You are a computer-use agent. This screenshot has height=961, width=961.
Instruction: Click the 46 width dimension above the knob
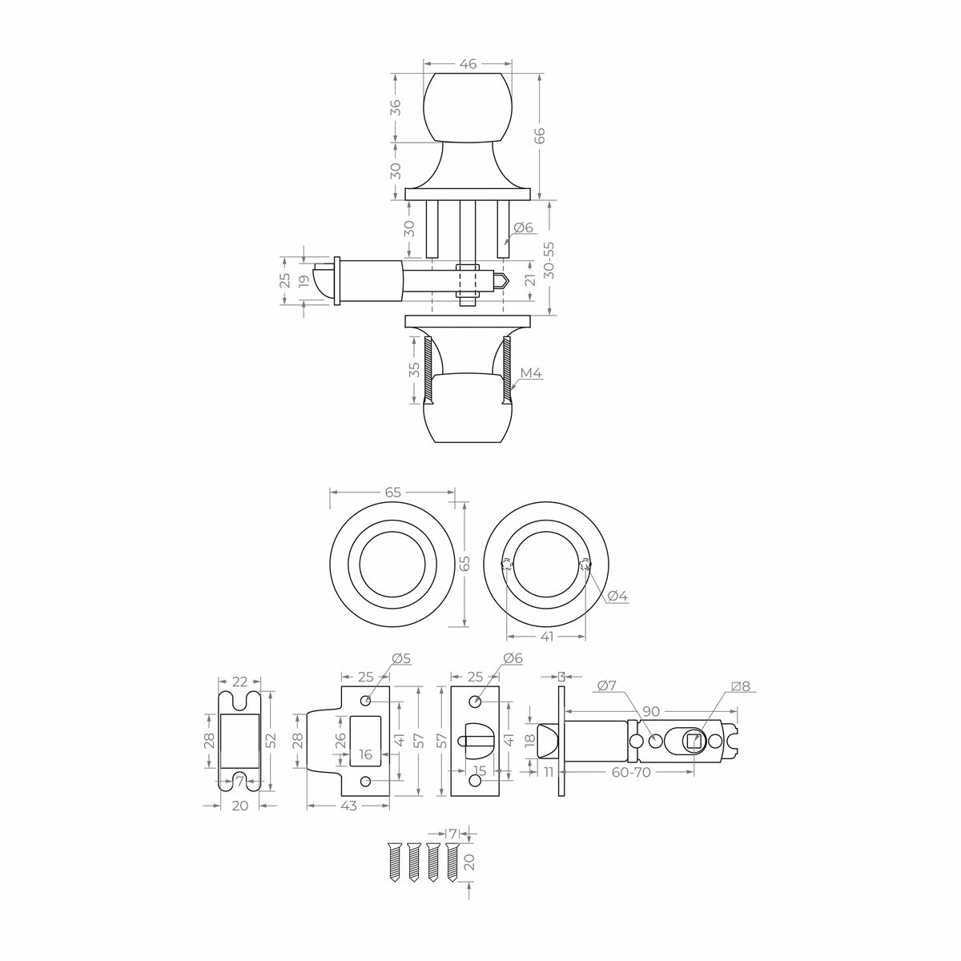[x=468, y=64]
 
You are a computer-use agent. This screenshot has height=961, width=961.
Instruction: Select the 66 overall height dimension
[x=540, y=135]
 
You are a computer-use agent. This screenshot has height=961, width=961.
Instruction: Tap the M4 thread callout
[x=530, y=373]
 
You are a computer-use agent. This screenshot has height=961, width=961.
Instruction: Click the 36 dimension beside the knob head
[x=395, y=107]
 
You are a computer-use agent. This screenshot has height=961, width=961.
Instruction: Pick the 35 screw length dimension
[x=414, y=369]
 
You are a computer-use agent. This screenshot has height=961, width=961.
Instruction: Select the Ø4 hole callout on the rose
[x=617, y=595]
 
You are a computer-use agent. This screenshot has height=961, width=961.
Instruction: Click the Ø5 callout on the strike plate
[x=401, y=659]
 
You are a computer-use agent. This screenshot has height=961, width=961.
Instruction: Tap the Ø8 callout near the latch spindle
[x=741, y=686]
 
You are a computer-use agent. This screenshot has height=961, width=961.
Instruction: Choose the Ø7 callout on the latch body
[x=607, y=686]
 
